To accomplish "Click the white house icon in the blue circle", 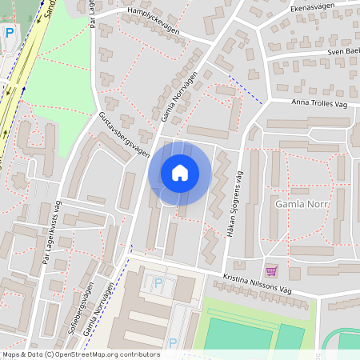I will [180, 172].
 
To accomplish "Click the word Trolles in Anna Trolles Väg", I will [322, 102].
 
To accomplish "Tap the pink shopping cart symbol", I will [271, 270].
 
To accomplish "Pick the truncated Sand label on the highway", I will [46, 10].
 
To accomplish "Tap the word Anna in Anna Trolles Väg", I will [299, 102].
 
